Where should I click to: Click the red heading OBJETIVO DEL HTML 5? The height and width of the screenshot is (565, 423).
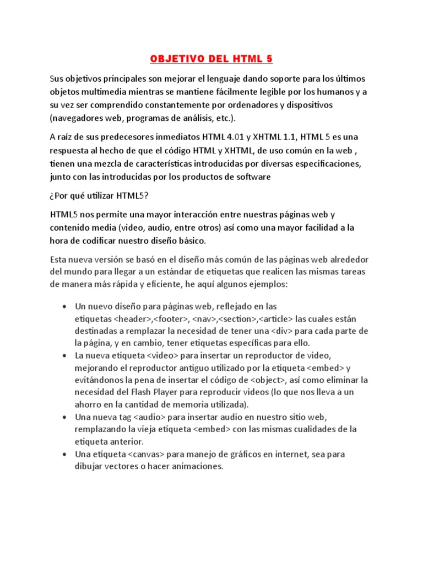tap(211, 59)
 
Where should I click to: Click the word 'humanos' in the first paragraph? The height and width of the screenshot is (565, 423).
tap(337, 91)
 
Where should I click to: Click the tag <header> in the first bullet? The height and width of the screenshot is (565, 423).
tap(133, 319)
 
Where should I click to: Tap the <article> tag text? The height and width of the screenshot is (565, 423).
tap(275, 319)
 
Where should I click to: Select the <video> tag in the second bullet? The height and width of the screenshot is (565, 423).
tap(161, 356)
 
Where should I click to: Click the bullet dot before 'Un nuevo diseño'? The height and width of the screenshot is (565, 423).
tap(66, 307)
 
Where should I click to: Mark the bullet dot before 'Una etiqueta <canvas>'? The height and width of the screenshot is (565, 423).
tap(66, 454)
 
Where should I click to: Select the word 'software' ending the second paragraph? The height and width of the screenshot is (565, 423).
tap(254, 177)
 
